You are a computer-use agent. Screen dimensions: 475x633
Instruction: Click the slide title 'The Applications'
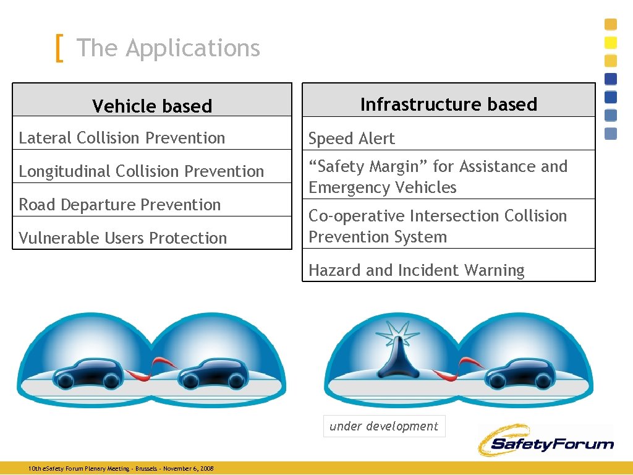(168, 48)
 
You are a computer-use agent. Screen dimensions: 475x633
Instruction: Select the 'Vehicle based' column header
(152, 106)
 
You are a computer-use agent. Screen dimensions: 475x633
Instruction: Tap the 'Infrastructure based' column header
(448, 104)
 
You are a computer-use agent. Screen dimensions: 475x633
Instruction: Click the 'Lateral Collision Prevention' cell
(122, 138)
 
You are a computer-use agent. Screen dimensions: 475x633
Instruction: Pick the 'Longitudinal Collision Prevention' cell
(141, 171)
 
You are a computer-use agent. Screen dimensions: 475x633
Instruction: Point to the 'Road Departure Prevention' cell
(119, 205)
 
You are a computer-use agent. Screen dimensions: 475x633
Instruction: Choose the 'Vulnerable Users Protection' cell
(122, 238)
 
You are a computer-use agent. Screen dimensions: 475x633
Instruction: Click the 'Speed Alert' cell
(351, 139)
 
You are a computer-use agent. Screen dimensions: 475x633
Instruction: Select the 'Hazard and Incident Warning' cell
(416, 270)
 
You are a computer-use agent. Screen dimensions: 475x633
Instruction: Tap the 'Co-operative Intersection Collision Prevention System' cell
(437, 226)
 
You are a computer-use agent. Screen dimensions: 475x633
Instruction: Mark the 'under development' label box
(384, 426)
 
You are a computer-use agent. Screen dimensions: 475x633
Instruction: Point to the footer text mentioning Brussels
(121, 469)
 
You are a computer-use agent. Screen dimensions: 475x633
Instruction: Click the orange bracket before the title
(59, 48)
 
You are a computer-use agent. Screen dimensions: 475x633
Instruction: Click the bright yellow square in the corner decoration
(611, 43)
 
